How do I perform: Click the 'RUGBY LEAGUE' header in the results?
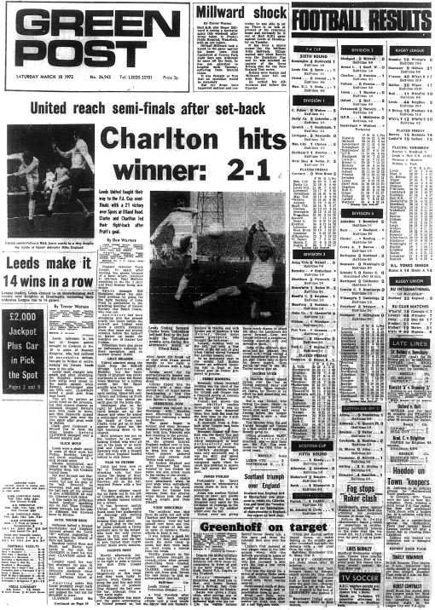[x=401, y=36]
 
